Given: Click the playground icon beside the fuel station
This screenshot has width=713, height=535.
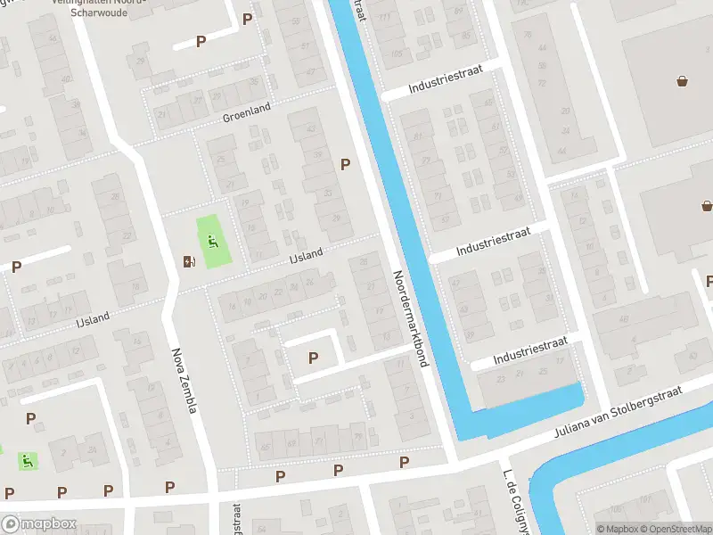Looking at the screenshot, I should [212, 241].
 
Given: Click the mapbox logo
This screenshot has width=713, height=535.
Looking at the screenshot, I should [38, 524].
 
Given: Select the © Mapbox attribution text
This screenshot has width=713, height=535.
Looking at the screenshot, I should [616, 529].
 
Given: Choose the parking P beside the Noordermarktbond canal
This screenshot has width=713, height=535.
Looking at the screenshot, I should [345, 164].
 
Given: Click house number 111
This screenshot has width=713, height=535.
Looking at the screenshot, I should [384, 18].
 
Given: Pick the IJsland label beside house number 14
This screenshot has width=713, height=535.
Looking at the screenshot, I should [93, 317].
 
